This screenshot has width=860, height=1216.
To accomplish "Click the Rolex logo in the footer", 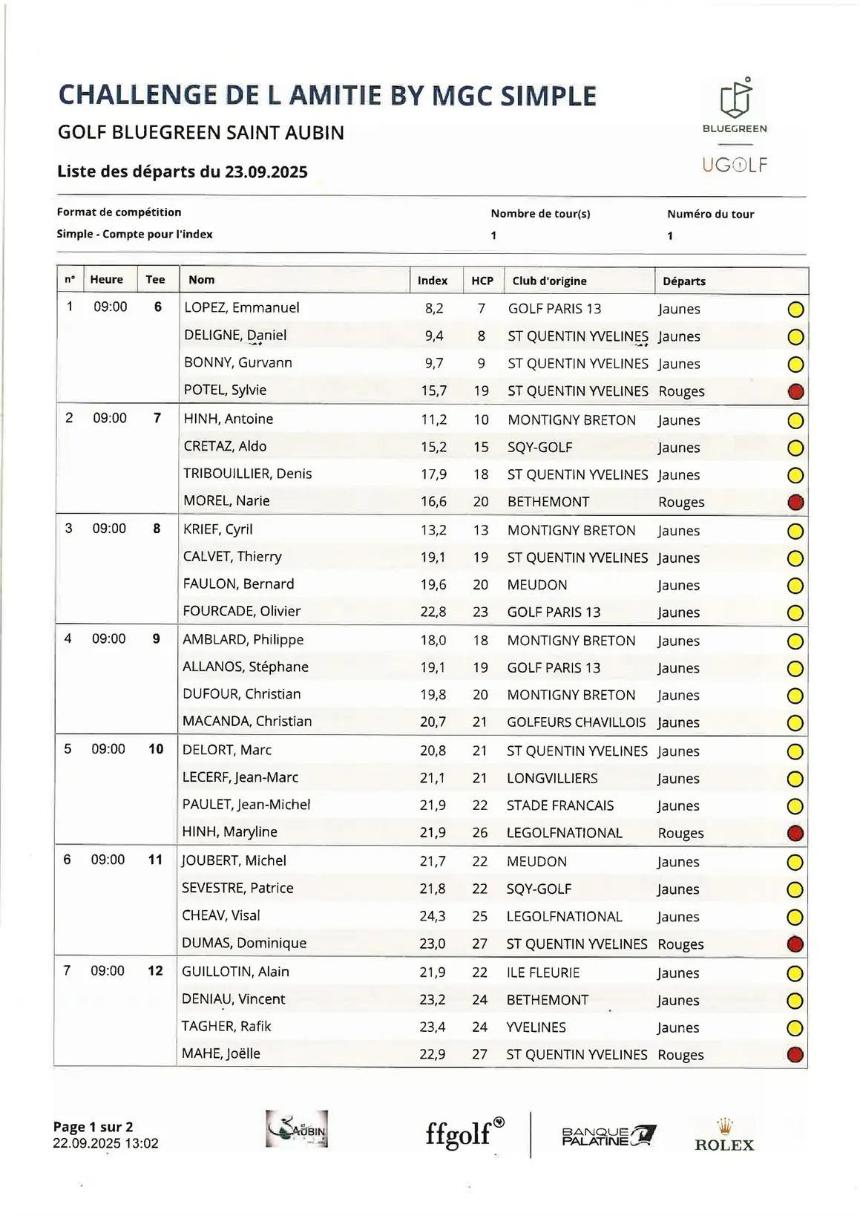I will pos(723,1136).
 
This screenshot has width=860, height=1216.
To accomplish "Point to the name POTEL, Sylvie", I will pos(226,390).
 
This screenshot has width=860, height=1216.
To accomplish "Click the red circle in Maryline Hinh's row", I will pos(795,833).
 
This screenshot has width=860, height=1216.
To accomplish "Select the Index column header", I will pos(433,281).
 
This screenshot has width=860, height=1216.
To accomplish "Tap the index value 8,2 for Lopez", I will pos(434,309).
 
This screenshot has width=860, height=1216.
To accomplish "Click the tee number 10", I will pos(156,749).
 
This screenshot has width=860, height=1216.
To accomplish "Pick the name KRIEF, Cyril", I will pos(218,529).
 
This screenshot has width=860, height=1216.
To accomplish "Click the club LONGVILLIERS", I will pos(552,778).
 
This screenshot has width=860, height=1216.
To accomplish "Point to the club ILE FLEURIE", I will pos(543,973).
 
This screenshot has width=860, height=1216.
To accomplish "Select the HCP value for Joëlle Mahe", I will pos(480,1054).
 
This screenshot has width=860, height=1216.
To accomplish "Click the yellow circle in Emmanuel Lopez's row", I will pos(795,310).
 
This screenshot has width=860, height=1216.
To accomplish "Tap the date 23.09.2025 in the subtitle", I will pos(266,172).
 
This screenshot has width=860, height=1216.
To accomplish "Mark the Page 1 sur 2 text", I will pos(93,1127).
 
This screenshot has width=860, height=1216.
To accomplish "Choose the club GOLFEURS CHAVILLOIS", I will pos(576,722).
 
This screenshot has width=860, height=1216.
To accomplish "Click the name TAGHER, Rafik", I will pos(226,1027).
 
